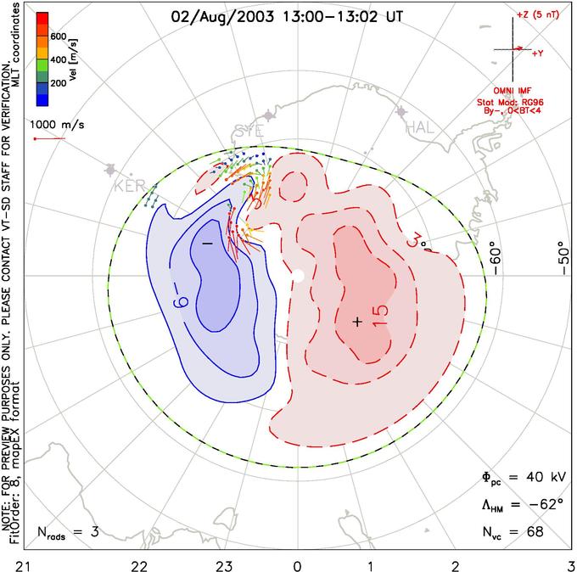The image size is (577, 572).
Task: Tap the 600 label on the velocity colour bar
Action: pos(59,36)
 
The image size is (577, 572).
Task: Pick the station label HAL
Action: pos(422,127)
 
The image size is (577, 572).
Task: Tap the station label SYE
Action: pos(248,132)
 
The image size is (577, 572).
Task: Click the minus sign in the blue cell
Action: pos(206,244)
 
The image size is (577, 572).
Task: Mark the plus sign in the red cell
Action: pos(357,322)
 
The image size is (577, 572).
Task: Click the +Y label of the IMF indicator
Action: pos(537,53)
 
